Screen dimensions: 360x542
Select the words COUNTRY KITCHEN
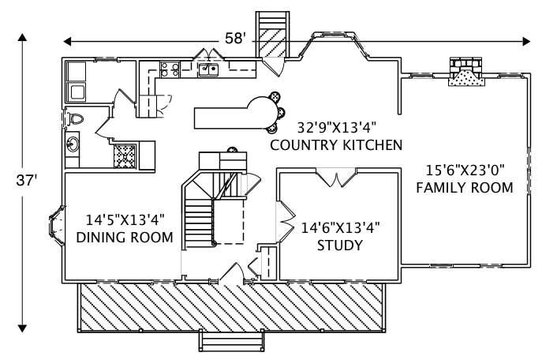337,146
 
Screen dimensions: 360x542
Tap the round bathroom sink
72,144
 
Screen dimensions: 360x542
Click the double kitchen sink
208,69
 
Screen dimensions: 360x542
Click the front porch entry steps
230,342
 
